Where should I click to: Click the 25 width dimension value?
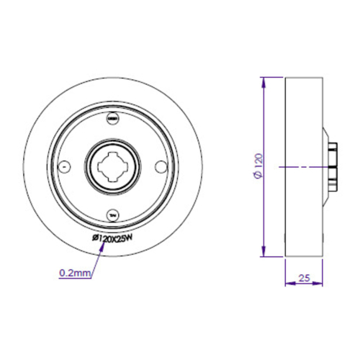(305, 276)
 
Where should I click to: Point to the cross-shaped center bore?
(112, 166)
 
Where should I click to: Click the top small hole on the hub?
(112, 119)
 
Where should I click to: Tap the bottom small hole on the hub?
(112, 214)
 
